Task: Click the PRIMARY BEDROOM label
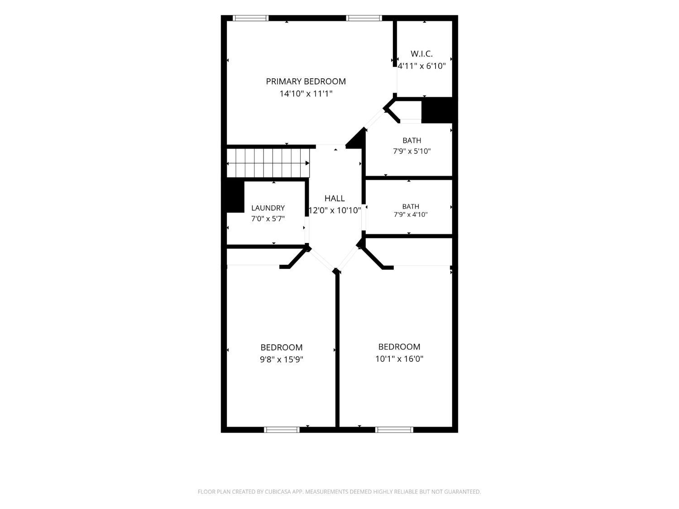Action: point(306,81)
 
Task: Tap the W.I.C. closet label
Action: point(421,54)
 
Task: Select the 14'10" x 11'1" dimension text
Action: point(306,93)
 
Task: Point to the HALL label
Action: point(335,198)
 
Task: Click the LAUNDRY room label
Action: point(268,208)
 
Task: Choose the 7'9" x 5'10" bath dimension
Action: point(412,151)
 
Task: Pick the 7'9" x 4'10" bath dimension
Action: point(411,214)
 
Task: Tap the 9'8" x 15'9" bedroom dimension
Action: point(281,359)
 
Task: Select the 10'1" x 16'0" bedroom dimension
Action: point(399,359)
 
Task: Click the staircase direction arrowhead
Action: point(307,163)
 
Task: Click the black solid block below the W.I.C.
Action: point(437,110)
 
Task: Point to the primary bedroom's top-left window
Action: point(251,18)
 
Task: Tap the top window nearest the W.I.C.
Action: point(364,18)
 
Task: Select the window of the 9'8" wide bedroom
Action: point(282,429)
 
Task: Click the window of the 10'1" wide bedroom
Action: point(394,429)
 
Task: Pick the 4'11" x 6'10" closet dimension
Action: point(421,66)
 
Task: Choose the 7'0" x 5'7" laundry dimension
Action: point(268,219)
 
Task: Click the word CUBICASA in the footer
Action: point(278,492)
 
